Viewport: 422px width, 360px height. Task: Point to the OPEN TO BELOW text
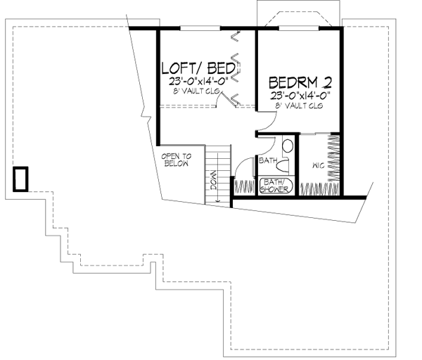point(174,160)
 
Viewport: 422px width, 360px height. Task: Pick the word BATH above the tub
point(268,161)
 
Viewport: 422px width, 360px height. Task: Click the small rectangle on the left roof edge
point(22,179)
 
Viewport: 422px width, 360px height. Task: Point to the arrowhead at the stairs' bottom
point(219,200)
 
